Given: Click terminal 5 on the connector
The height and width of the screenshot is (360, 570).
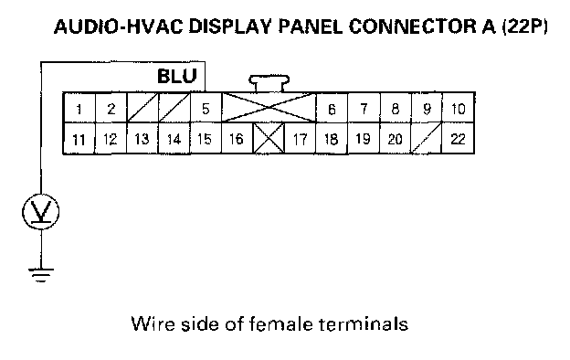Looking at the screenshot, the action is point(206,108).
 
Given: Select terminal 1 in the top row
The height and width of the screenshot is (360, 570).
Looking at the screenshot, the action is point(79,108).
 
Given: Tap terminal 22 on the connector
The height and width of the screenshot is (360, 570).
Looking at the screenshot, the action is point(458,139).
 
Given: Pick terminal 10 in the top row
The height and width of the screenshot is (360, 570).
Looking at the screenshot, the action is point(458,108).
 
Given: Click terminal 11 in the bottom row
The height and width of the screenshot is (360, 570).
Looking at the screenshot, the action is point(79,139).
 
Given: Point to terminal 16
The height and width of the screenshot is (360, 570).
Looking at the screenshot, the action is point(237,139).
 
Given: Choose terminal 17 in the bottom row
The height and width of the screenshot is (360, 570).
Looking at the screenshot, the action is point(301,139).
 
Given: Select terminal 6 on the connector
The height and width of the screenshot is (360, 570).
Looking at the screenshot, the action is point(332,108).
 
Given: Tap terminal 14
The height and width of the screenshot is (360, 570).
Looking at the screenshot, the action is point(174,139).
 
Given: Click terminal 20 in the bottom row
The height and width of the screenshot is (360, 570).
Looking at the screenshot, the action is point(396,139).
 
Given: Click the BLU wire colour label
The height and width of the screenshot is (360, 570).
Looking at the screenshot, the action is point(177,77).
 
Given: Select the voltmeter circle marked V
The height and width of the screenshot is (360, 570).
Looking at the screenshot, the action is point(41,211).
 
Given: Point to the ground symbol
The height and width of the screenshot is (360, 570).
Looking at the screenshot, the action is point(41,275).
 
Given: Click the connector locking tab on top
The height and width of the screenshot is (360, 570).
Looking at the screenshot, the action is point(269,84).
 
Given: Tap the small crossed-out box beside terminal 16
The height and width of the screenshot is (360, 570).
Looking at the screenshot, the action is point(269,139).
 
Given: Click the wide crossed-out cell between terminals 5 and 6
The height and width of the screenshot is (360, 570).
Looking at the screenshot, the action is point(269,108).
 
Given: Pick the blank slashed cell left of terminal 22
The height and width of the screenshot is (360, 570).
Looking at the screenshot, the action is point(427,139).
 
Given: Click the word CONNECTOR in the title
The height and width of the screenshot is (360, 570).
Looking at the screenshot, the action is point(413,26).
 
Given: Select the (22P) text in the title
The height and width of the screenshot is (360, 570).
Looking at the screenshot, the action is point(524,26).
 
